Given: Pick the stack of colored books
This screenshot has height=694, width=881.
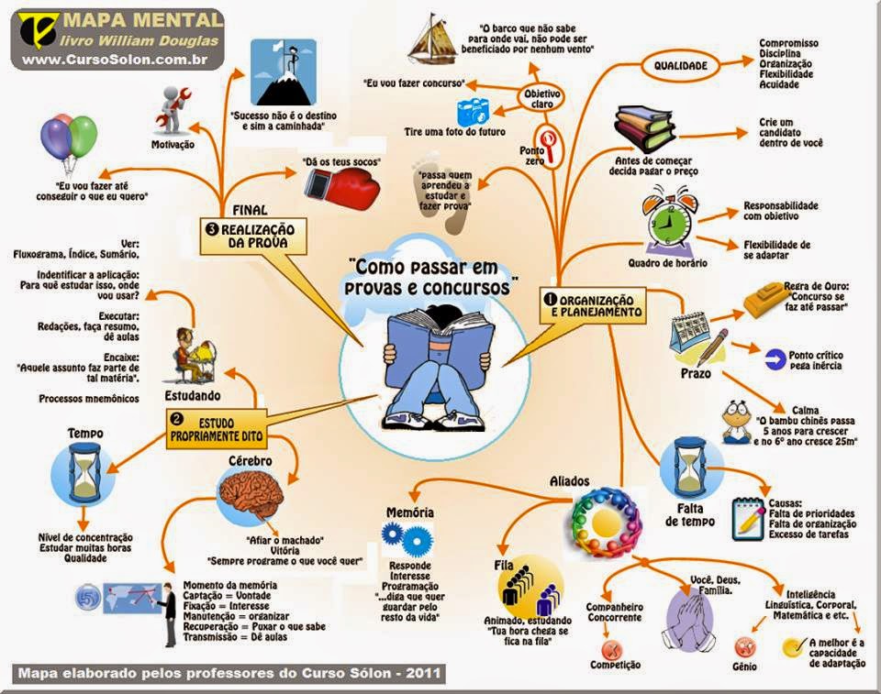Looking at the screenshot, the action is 644,127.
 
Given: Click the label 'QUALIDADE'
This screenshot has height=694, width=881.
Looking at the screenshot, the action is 681,66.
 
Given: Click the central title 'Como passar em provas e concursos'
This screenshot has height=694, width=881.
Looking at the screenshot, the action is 434,275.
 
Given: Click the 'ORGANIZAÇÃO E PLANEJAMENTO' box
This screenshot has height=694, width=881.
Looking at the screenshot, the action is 597,305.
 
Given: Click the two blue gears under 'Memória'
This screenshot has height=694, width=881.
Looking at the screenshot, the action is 406,536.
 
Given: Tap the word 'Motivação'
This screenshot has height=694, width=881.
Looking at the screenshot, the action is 174,145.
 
